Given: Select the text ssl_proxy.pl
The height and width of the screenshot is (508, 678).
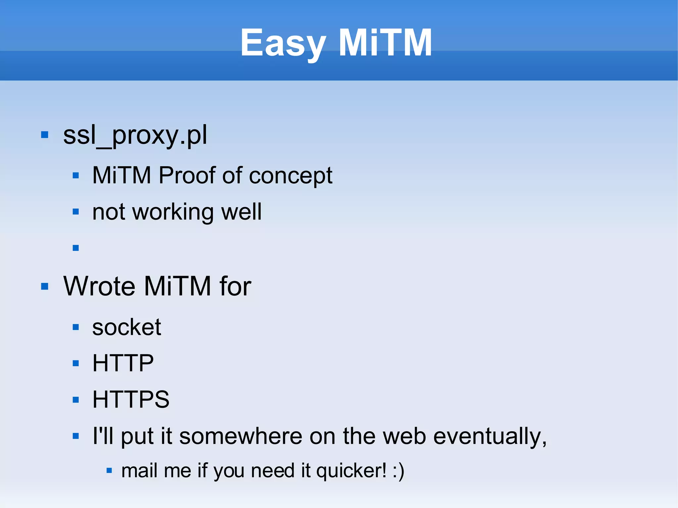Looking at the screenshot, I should coord(135,135).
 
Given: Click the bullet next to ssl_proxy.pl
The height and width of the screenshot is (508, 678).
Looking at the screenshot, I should coord(45,135).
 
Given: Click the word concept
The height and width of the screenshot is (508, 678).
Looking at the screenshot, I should coord(290,176).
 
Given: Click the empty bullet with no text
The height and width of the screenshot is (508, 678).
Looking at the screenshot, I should coord(76,248).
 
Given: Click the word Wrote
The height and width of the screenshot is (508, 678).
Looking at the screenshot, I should coord(99,286).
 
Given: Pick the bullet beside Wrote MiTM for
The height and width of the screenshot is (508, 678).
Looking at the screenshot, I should coord(45,286).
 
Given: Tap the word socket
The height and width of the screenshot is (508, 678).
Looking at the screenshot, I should coord(126,327).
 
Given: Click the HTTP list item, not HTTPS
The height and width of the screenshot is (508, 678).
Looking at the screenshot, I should coord(123,363).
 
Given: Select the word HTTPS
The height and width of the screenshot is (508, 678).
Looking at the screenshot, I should coord(131,399).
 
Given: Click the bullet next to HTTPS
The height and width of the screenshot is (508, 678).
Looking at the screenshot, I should coord(76,399).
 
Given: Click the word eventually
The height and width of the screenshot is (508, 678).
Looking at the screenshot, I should coord(489,436).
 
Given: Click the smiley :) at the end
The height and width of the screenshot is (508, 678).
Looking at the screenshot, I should coord(398,471).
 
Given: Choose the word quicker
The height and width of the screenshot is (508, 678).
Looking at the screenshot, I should coord(351,471).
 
